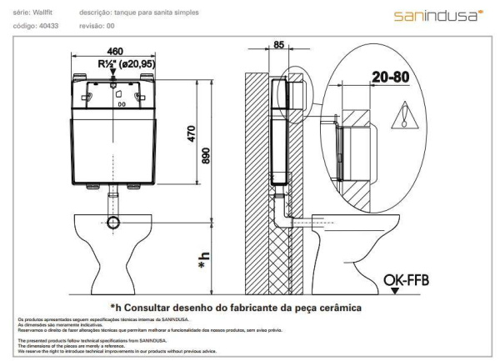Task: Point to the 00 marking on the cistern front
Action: pos(122,105)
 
